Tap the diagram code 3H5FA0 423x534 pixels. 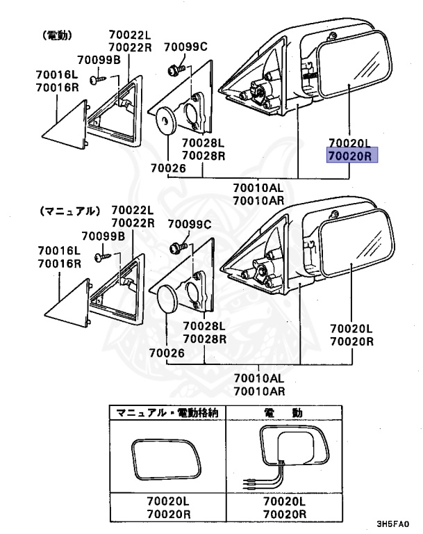(x=392, y=524)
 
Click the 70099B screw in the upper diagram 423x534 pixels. (x=98, y=80)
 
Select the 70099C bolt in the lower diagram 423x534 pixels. (x=178, y=246)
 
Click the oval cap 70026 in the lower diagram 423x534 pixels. (x=169, y=299)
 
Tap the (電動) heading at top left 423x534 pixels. (x=57, y=35)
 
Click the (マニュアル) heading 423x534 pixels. (x=70, y=211)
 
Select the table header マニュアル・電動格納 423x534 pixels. (x=167, y=413)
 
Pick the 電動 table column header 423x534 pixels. (x=283, y=413)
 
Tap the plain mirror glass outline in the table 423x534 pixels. (x=167, y=459)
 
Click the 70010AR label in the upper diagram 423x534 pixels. (x=258, y=200)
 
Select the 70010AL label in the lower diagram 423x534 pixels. (x=259, y=378)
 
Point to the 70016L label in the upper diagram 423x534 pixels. (x=57, y=74)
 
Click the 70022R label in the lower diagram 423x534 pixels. (x=133, y=223)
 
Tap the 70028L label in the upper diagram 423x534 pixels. (x=203, y=142)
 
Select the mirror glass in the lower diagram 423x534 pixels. (x=357, y=243)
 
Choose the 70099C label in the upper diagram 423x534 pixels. (x=186, y=47)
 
